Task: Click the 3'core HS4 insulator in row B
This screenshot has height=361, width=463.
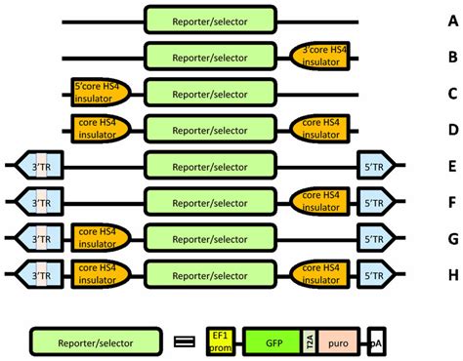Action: click(x=318, y=57)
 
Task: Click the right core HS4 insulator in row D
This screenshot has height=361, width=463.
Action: click(x=318, y=128)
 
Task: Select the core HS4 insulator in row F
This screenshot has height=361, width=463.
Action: click(x=318, y=201)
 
